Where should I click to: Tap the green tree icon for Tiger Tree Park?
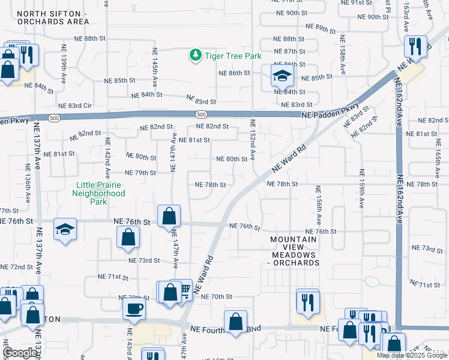(x=195, y=56)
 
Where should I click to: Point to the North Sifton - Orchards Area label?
(x=53, y=17)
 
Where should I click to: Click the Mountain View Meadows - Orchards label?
(x=294, y=251)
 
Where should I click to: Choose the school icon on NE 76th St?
(x=65, y=229)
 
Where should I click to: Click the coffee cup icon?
(x=134, y=308)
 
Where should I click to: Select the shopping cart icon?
(x=184, y=290)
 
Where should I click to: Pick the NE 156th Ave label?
(x=316, y=204)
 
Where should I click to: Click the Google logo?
(x=20, y=353)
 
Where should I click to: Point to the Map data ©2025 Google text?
(x=412, y=355)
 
